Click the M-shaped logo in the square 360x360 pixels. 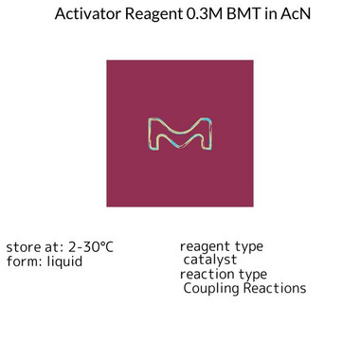[180, 135]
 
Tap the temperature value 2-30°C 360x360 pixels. [91, 247]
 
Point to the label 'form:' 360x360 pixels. [24, 261]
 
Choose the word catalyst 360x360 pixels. [210, 260]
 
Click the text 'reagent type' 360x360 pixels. [221, 246]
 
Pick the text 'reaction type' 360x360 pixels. [223, 274]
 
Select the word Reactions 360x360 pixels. [275, 288]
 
